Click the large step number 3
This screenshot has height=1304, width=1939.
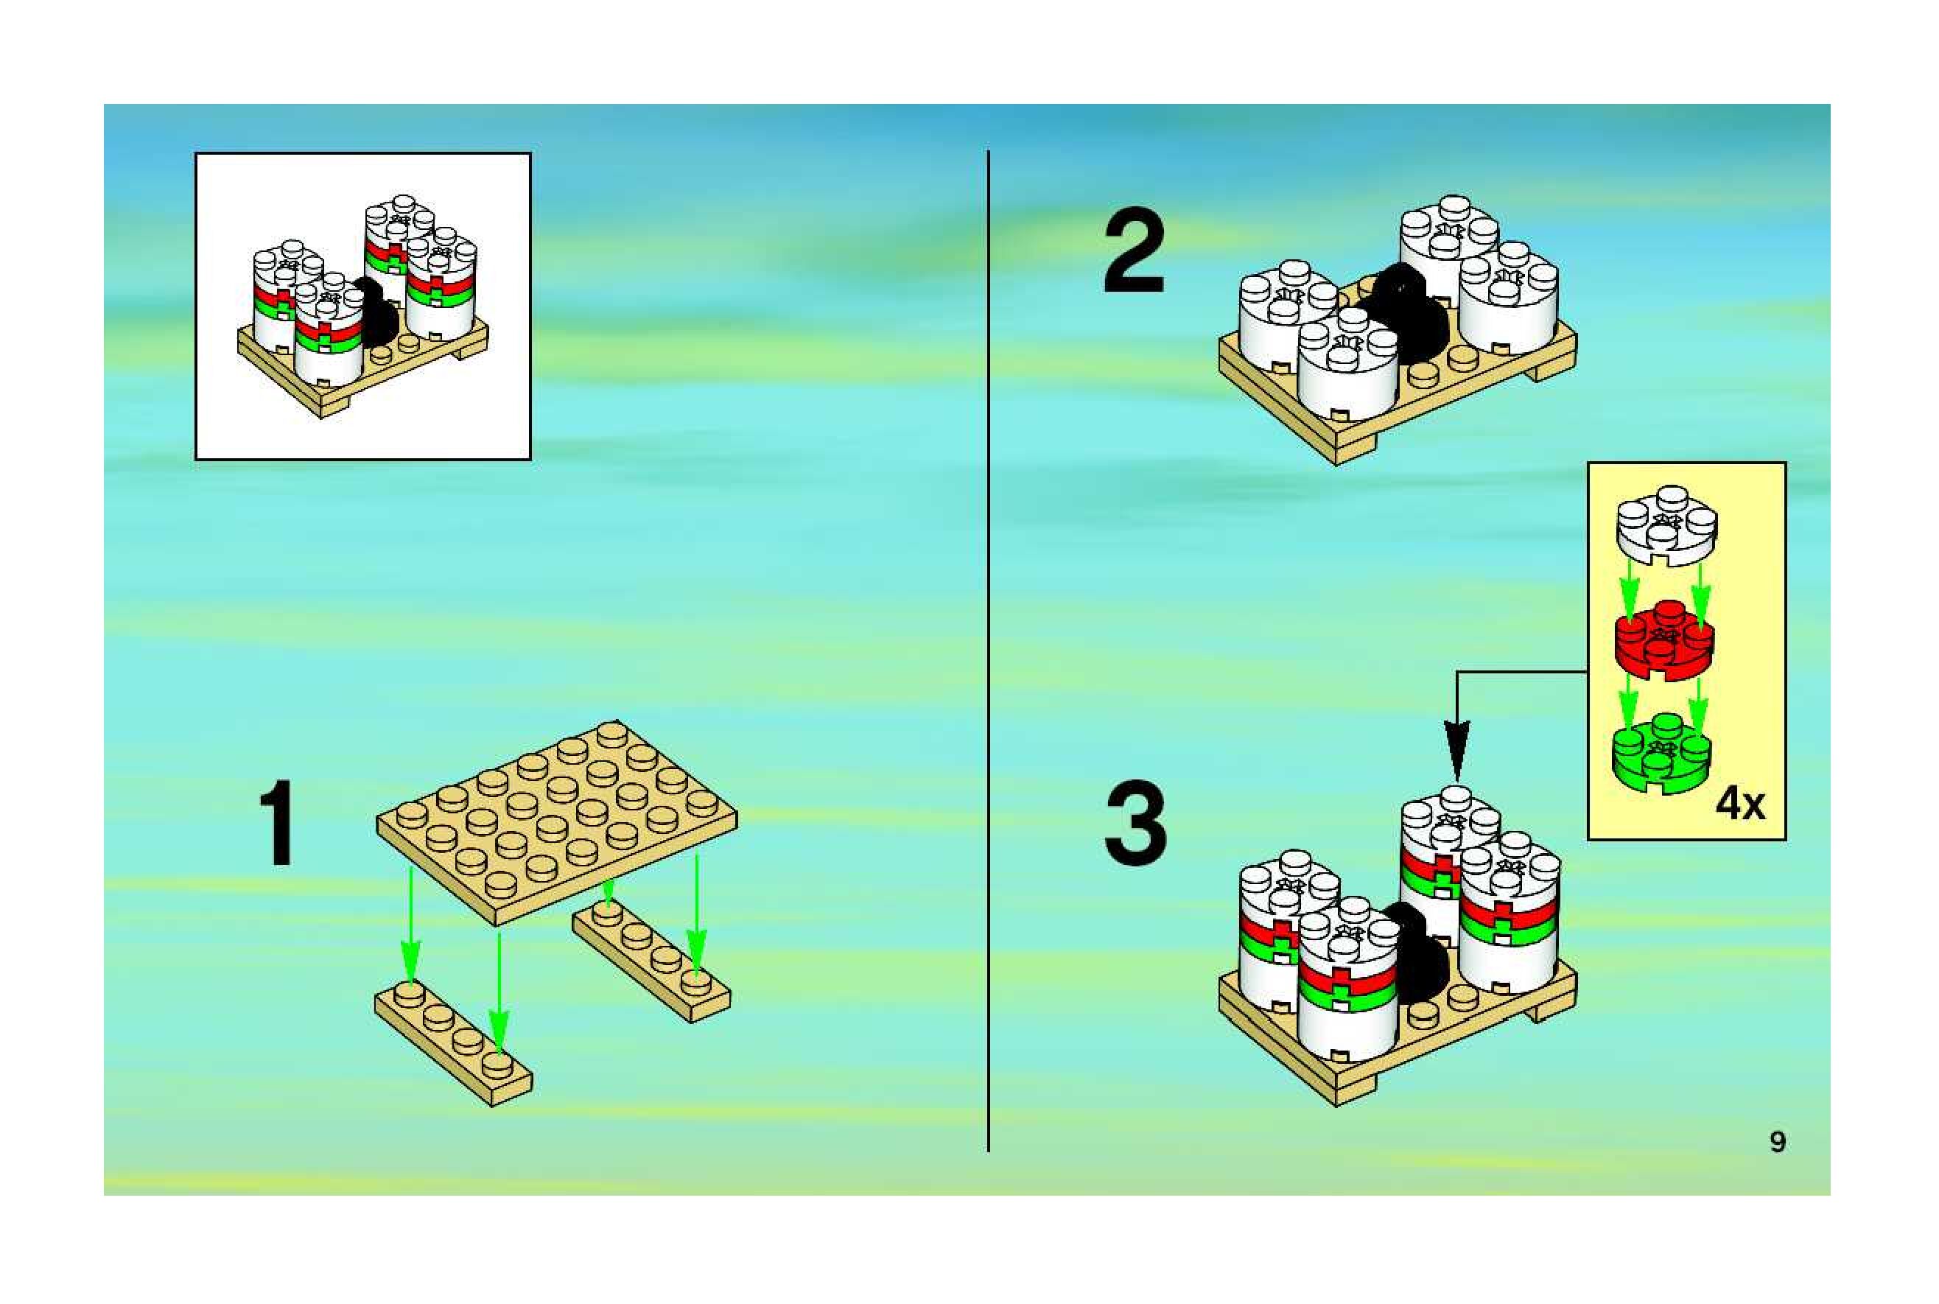[1135, 827]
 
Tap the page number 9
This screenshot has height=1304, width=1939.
[1777, 1142]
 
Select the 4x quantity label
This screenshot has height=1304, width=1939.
[1739, 805]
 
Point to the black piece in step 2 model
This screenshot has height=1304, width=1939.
[1405, 316]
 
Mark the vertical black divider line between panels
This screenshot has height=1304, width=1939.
[988, 648]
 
